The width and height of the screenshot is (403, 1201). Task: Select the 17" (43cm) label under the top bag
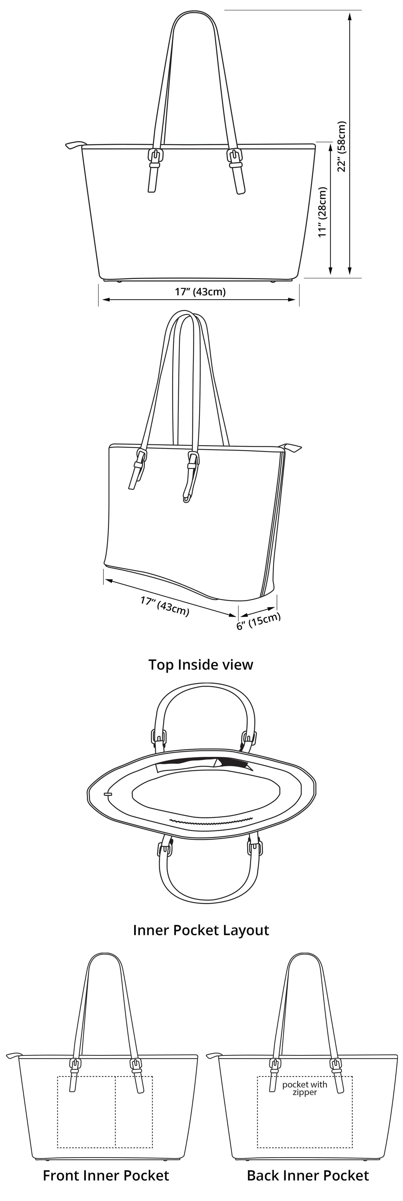coord(200,292)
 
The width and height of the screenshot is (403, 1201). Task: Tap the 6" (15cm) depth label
coord(259,621)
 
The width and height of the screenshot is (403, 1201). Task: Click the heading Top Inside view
coord(201,664)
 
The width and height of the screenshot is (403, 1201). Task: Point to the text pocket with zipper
coord(305,1089)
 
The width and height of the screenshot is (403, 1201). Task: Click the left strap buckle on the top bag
coord(156,157)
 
